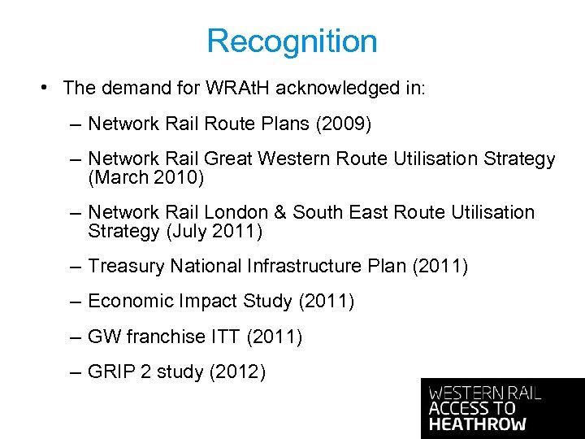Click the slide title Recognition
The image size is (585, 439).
click(292, 41)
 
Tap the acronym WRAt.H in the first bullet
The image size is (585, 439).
click(235, 88)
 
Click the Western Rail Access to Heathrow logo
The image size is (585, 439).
click(502, 408)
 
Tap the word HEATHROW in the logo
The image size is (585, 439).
click(478, 424)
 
